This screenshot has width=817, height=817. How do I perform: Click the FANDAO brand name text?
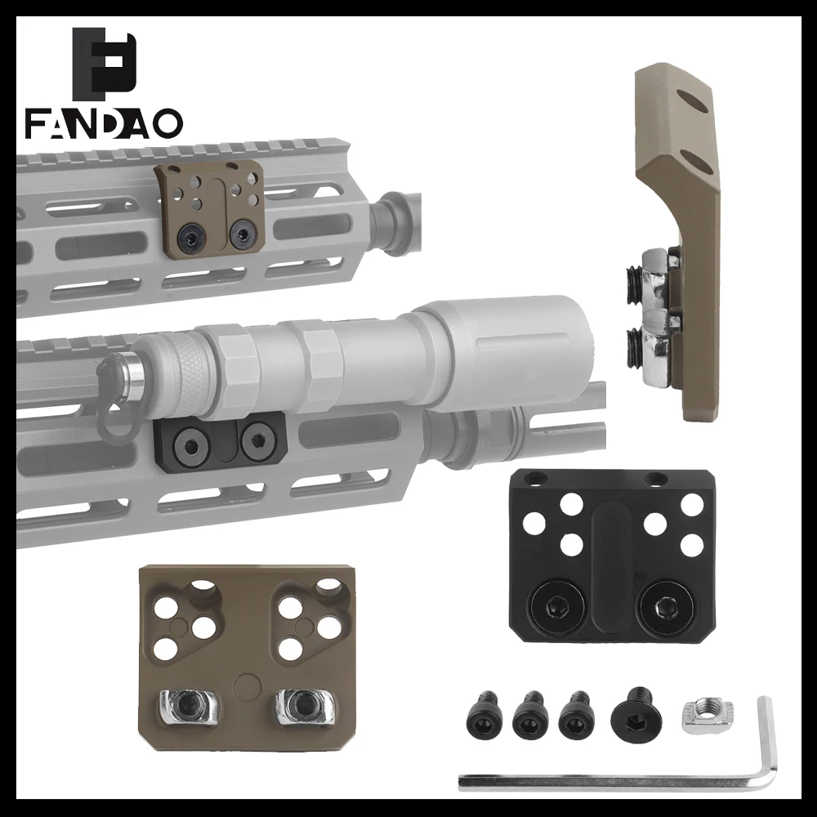tap(105, 123)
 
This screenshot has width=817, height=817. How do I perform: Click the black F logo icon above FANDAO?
tap(105, 64)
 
